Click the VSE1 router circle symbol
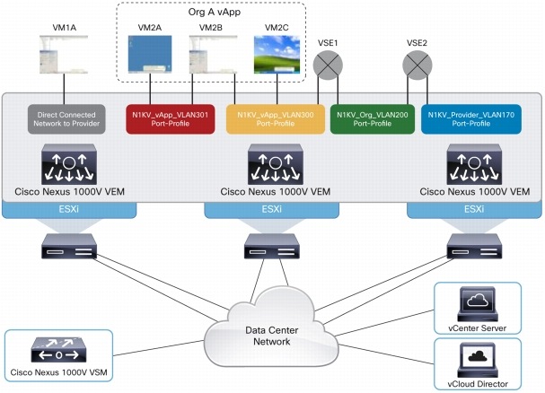point(328,66)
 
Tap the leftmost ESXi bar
point(67,209)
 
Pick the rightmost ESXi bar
point(475,209)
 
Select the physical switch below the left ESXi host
point(67,249)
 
